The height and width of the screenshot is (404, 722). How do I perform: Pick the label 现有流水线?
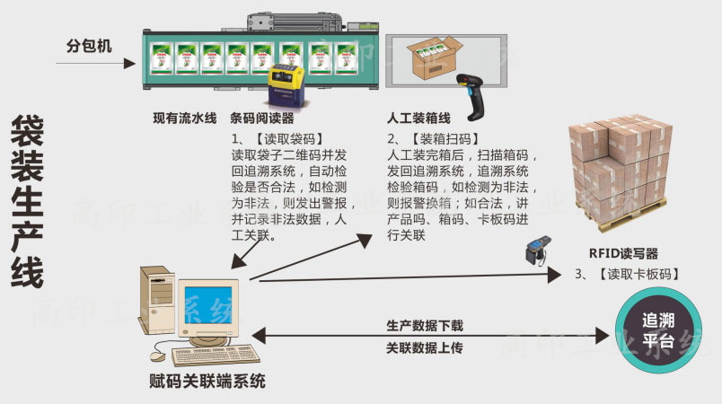[x=185, y=119]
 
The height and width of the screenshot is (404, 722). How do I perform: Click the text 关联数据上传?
[x=425, y=347]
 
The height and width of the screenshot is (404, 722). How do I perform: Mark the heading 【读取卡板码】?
[x=637, y=274]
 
